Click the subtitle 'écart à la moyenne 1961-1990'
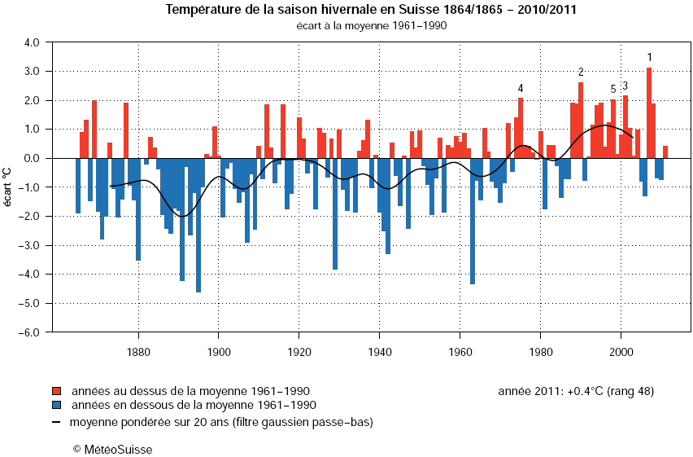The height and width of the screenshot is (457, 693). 371,25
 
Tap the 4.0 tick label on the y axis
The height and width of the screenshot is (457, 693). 30,42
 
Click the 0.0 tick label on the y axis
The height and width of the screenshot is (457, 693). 30,158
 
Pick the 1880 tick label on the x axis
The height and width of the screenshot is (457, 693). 138,352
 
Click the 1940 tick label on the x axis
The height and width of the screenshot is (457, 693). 379,352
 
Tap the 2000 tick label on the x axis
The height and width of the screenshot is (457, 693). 621,352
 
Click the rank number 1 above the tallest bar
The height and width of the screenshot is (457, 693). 649,57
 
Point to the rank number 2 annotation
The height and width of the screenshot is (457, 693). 581,73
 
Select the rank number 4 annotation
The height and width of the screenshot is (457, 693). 521,88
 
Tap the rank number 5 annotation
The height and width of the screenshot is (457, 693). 613,90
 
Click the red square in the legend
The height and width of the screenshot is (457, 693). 57,391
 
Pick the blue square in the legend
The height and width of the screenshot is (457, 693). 57,405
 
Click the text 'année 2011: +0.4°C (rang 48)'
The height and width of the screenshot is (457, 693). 575,391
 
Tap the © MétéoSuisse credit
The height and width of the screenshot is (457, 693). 112,449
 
